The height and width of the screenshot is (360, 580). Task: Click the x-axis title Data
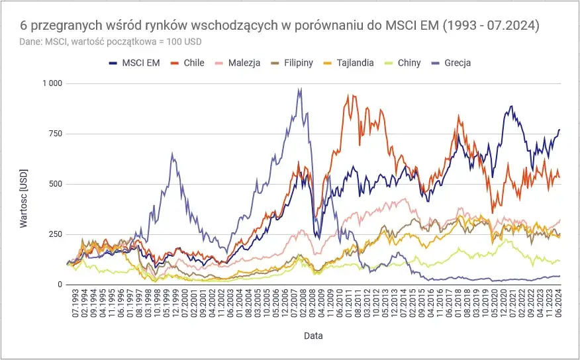(313, 336)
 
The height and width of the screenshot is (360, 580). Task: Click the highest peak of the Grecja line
(300, 89)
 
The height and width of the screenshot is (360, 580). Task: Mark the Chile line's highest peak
(348, 95)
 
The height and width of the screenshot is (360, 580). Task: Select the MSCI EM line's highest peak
(510, 106)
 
